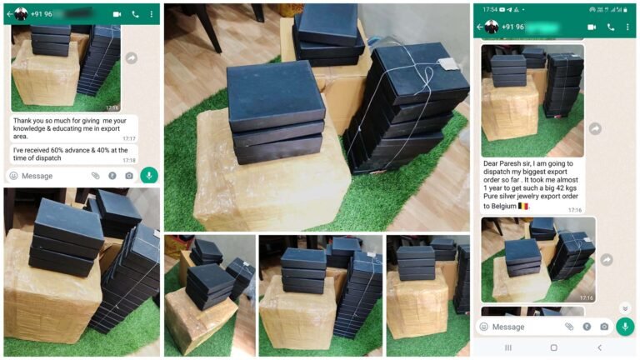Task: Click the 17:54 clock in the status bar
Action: (489, 9)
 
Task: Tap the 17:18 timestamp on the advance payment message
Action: (129, 160)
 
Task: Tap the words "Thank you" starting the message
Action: (27, 120)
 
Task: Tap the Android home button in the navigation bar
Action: (553, 347)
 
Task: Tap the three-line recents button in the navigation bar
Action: (508, 347)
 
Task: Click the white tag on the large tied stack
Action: (449, 65)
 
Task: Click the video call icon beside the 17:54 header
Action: (592, 27)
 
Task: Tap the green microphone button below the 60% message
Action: (149, 175)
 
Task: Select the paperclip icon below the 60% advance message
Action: (96, 176)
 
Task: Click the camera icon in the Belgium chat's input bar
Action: (604, 327)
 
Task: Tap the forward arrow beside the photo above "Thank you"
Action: (131, 57)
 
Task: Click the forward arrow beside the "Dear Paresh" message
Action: (594, 128)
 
